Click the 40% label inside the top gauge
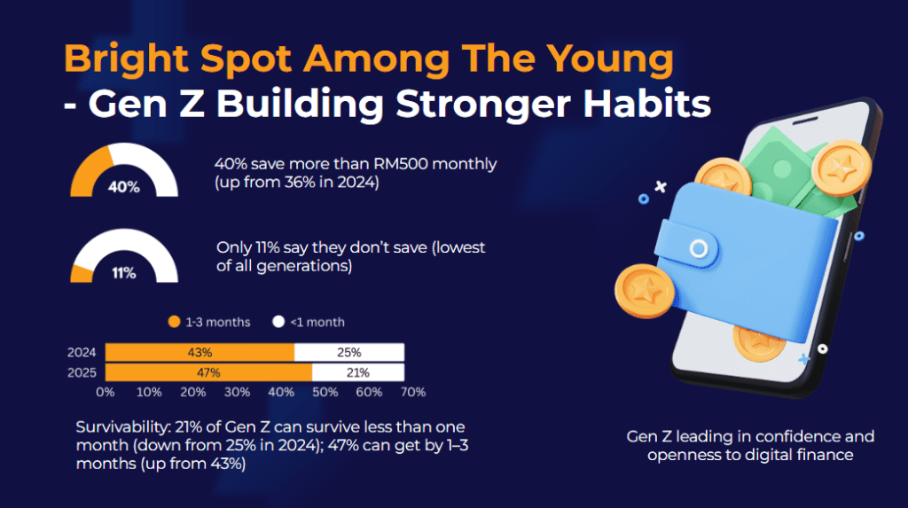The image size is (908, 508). pyautogui.click(x=124, y=187)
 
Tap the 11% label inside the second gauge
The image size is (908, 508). pyautogui.click(x=124, y=273)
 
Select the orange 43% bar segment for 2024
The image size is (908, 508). pyautogui.click(x=200, y=353)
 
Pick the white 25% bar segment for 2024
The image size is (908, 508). pyautogui.click(x=349, y=353)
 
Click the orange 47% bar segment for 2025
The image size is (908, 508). pyautogui.click(x=208, y=371)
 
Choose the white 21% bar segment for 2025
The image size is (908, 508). pyautogui.click(x=358, y=371)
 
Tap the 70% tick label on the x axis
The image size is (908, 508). pyautogui.click(x=413, y=392)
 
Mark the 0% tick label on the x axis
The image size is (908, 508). pyautogui.click(x=106, y=392)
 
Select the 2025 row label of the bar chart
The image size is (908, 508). pyautogui.click(x=82, y=372)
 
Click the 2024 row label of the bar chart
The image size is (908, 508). pyautogui.click(x=82, y=353)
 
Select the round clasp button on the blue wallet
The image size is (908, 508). pyautogui.click(x=699, y=248)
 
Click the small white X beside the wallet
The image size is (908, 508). pyautogui.click(x=659, y=187)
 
